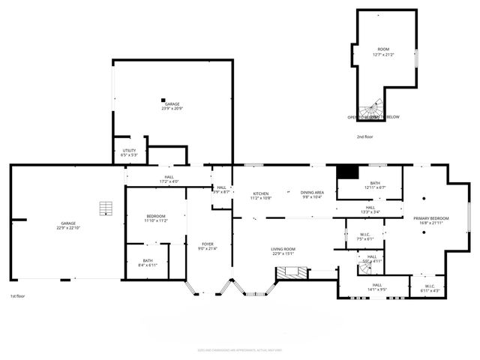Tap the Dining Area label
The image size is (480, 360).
312,196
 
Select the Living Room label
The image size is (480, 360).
283,251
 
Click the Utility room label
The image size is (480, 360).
129,153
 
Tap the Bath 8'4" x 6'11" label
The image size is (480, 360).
147,263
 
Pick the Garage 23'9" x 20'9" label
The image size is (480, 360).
172,106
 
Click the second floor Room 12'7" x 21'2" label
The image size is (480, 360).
383,52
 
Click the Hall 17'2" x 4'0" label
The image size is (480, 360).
169,179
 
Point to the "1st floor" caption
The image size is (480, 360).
18,296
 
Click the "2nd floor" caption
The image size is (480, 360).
365,136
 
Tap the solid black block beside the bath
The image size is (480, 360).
346,172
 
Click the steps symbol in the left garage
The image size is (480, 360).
108,208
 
